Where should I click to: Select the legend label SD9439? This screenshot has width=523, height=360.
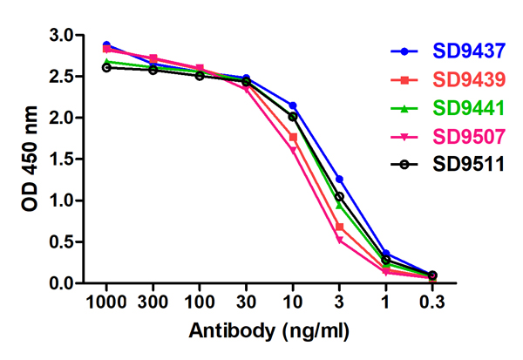click(x=469, y=79)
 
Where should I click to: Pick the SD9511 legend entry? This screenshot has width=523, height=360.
click(x=469, y=166)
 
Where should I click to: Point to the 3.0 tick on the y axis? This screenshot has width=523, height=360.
click(x=63, y=35)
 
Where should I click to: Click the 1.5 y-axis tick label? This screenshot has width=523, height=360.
click(x=63, y=160)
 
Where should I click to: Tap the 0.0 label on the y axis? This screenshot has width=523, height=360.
click(x=63, y=283)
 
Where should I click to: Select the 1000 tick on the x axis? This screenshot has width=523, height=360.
click(x=106, y=302)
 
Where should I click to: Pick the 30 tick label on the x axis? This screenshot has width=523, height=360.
click(x=246, y=302)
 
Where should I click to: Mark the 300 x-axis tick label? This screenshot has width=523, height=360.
click(x=153, y=302)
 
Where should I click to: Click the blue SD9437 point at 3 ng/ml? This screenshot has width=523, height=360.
click(x=339, y=179)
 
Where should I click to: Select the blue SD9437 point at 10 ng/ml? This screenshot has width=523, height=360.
click(x=293, y=105)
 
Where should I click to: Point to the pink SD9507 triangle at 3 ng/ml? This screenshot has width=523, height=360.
click(x=339, y=240)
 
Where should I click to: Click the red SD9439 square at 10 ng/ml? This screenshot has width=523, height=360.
click(x=293, y=137)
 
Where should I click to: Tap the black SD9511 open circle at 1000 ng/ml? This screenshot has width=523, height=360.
click(x=106, y=67)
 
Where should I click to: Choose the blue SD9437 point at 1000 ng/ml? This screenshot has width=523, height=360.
click(x=106, y=44)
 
